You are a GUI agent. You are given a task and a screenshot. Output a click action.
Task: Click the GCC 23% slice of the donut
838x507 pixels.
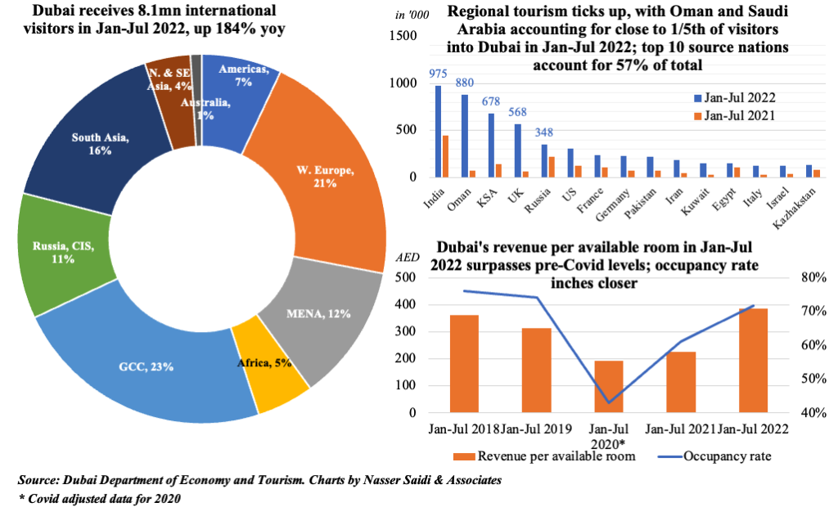[151, 367]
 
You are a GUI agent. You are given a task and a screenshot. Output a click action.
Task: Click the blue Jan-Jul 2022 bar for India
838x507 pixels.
[438, 131]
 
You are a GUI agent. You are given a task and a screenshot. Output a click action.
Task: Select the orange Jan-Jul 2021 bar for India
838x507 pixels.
[445, 156]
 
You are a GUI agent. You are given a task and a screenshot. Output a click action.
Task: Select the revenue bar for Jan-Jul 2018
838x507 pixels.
[464, 363]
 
